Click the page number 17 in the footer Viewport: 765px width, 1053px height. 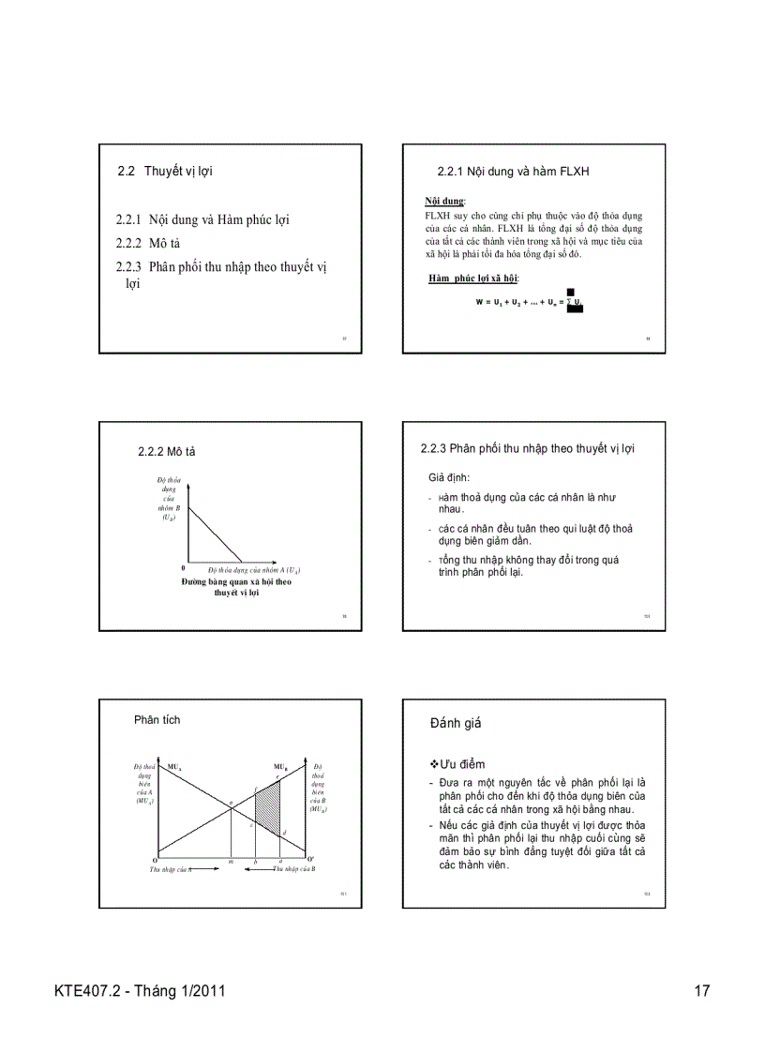pyautogui.click(x=701, y=991)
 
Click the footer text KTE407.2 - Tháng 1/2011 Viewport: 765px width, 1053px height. pyautogui.click(x=140, y=991)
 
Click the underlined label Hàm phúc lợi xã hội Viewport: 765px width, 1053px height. pyautogui.click(x=472, y=278)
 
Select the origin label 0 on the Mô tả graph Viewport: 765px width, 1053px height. pyautogui.click(x=183, y=569)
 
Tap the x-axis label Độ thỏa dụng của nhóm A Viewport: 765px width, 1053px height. pyautogui.click(x=253, y=570)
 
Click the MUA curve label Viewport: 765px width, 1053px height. pyautogui.click(x=174, y=767)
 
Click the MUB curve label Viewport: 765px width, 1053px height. pyautogui.click(x=280, y=767)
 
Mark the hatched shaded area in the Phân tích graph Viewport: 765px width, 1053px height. pyautogui.click(x=268, y=808)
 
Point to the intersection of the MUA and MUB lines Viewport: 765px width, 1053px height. pyautogui.click(x=231, y=805)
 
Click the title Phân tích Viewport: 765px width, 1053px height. pyautogui.click(x=157, y=720)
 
